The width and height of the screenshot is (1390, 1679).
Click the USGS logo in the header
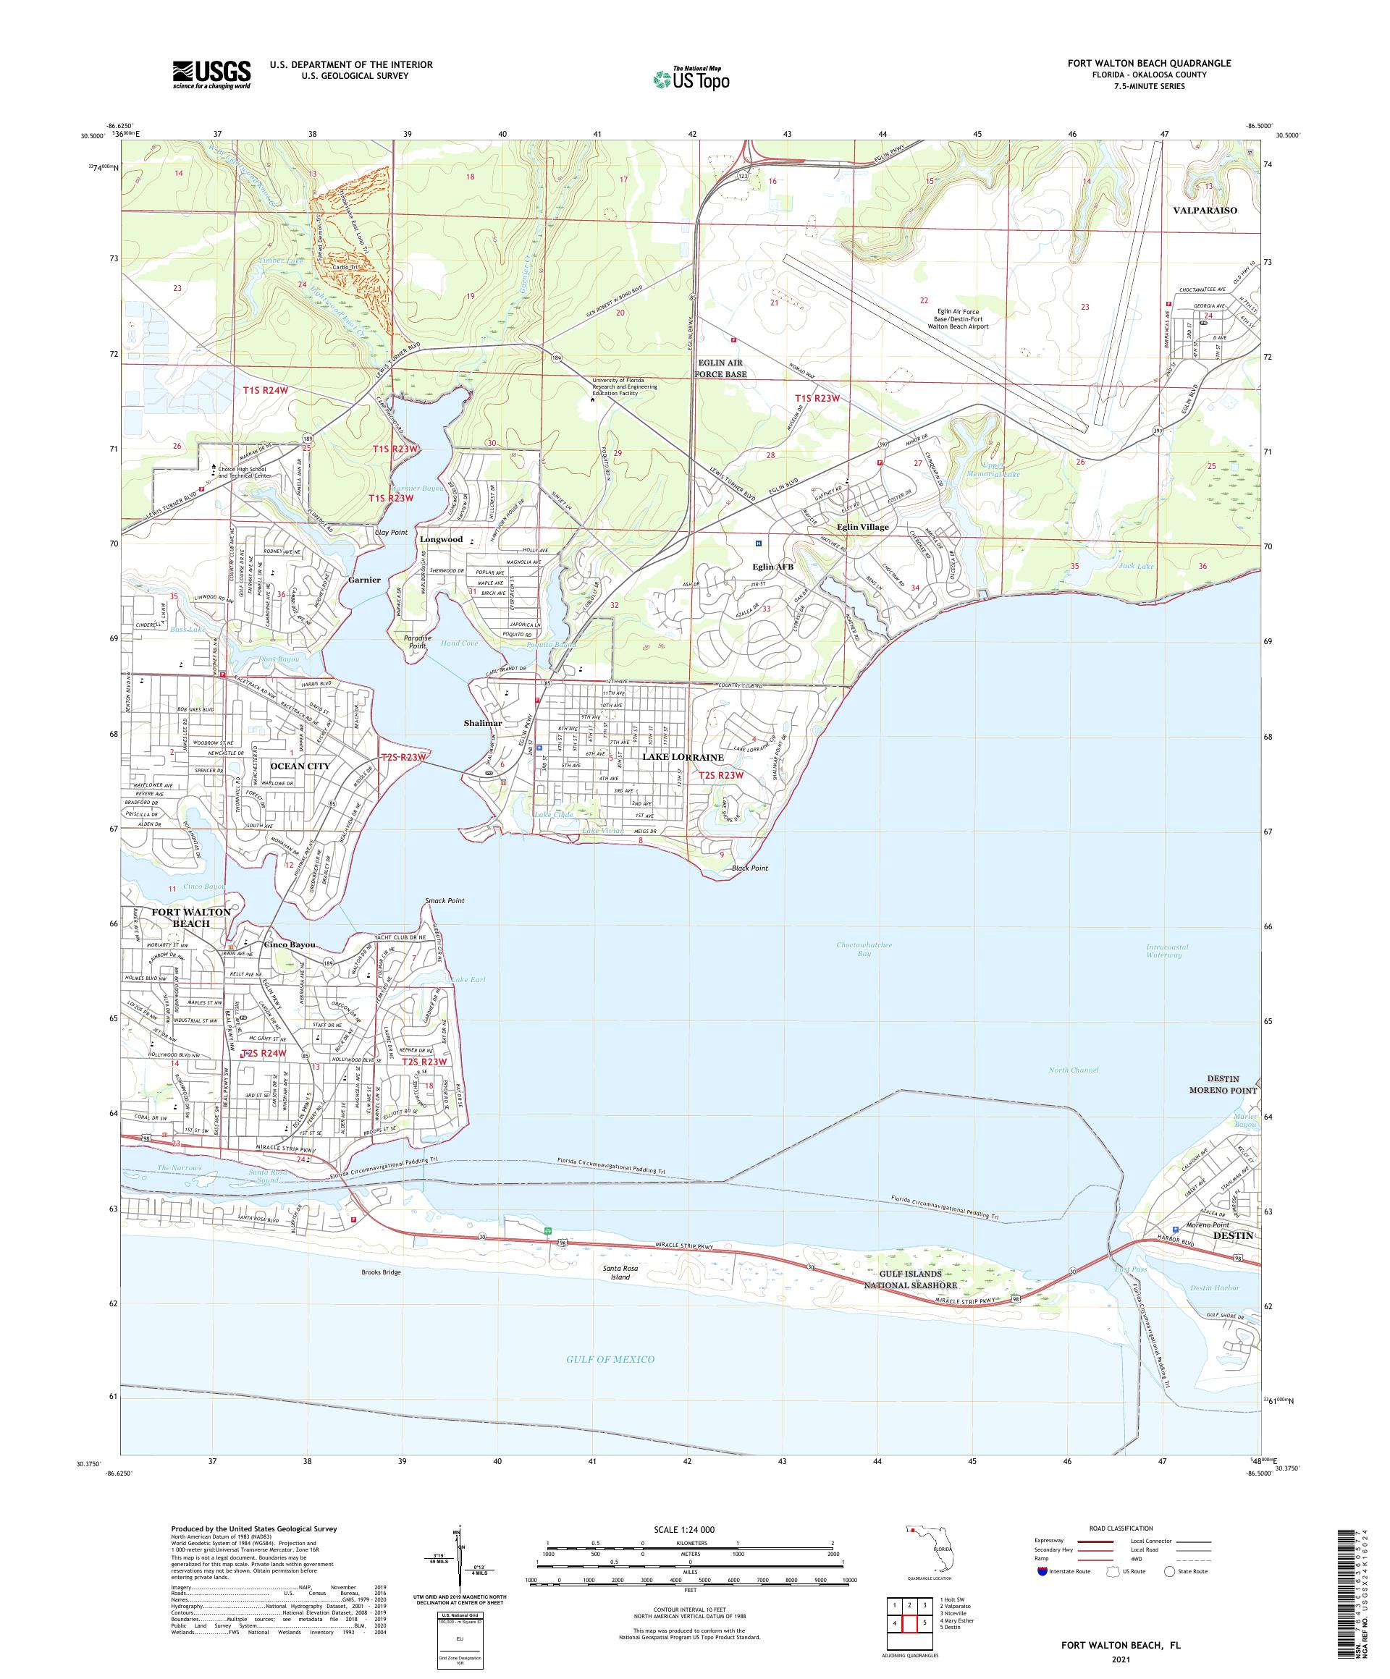pyautogui.click(x=211, y=75)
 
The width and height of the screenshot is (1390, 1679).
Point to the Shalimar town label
pyautogui.click(x=482, y=723)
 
